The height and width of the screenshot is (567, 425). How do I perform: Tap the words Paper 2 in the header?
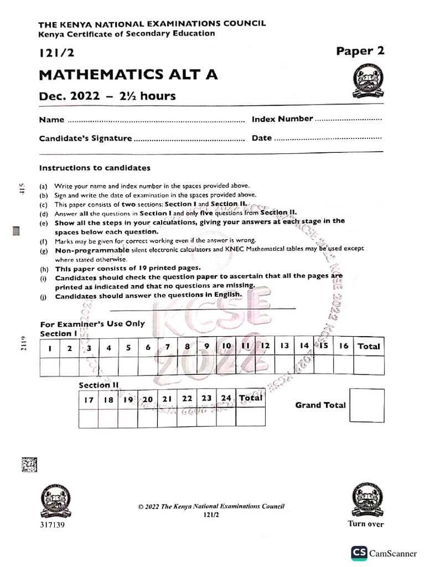360,51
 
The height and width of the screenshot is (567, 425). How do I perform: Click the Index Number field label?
282,119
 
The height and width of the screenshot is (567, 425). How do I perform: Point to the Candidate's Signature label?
85,138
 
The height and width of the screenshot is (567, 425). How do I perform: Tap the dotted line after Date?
328,138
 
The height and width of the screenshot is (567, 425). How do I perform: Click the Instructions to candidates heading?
95,168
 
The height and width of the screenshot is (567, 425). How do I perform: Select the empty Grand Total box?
367,406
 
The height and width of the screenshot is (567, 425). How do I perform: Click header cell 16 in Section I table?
344,346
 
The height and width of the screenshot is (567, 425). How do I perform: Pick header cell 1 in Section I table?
50,348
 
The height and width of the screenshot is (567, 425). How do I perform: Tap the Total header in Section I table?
369,346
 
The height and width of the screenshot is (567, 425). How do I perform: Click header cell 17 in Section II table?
89,399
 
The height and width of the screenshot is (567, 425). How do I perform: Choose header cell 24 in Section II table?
226,398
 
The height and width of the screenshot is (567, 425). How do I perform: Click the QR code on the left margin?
29,465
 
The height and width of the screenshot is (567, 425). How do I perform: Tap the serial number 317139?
52,524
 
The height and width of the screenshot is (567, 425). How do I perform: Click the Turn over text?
365,524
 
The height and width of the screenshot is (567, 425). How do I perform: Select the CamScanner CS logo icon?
359,552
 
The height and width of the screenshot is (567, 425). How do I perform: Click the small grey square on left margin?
17,230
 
